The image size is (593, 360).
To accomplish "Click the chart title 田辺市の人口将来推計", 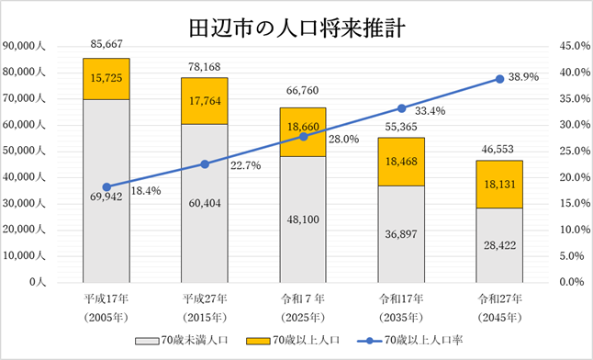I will click(296, 25).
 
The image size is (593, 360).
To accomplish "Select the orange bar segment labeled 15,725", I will click(106, 78).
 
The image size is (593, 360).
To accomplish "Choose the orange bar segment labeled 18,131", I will click(499, 185).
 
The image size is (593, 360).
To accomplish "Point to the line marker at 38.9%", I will click(499, 79).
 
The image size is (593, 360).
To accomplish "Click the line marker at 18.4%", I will click(106, 186).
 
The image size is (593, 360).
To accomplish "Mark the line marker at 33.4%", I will click(401, 108).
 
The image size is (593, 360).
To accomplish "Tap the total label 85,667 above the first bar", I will click(106, 43).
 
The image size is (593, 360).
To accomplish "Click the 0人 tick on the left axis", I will click(37, 282).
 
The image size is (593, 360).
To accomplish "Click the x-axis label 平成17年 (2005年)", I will click(106, 305).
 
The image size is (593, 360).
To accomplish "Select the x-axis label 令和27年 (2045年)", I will click(499, 305).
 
